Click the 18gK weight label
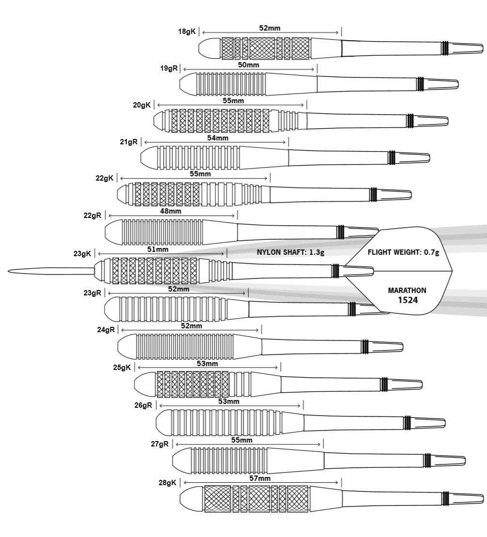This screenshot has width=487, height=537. click(186, 31)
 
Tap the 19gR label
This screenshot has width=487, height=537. click(169, 68)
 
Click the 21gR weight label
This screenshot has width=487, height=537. click(129, 142)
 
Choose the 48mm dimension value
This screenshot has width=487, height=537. click(170, 212)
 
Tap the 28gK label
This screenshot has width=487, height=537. click(167, 483)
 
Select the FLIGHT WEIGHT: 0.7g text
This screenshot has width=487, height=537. click(403, 252)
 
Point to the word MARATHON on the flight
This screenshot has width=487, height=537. click(407, 291)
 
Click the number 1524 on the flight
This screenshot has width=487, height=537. click(408, 300)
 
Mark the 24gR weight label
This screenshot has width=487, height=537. click(106, 330)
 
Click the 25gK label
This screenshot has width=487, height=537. click(122, 368)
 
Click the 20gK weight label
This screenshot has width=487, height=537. click(142, 105)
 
